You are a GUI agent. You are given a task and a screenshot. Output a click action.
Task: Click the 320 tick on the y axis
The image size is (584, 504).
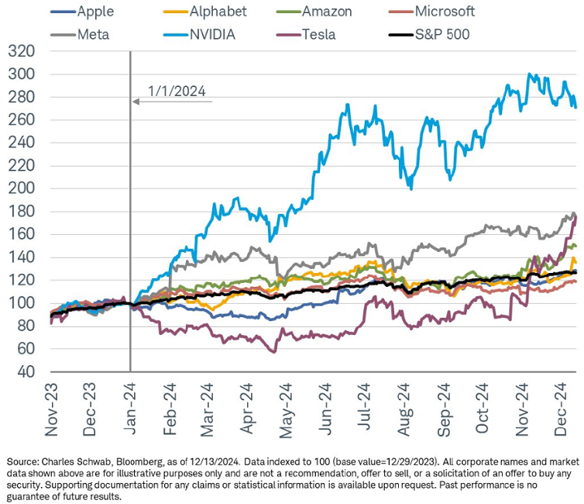pos(23,52)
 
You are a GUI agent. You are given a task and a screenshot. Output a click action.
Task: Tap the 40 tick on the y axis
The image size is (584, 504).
pos(28,371)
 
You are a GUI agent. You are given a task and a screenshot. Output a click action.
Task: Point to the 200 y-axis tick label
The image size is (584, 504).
pos(23,188)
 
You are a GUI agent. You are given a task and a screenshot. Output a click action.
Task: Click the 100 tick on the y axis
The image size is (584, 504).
pos(23,302)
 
